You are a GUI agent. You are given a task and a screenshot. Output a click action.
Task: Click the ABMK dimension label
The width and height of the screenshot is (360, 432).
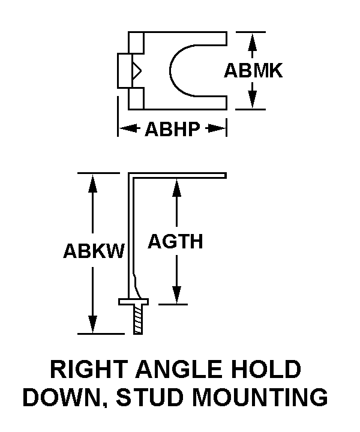point(253,71)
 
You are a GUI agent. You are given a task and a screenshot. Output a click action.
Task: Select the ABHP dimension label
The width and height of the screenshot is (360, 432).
point(172,129)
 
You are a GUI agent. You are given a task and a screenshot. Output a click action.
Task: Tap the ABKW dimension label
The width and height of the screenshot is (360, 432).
point(93,251)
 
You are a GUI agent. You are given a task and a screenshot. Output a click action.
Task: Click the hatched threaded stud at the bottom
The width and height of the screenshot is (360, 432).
point(139,320)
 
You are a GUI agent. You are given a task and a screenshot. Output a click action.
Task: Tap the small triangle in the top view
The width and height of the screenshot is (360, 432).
point(137,71)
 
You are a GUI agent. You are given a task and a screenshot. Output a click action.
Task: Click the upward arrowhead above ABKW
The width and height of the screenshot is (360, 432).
point(93,182)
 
